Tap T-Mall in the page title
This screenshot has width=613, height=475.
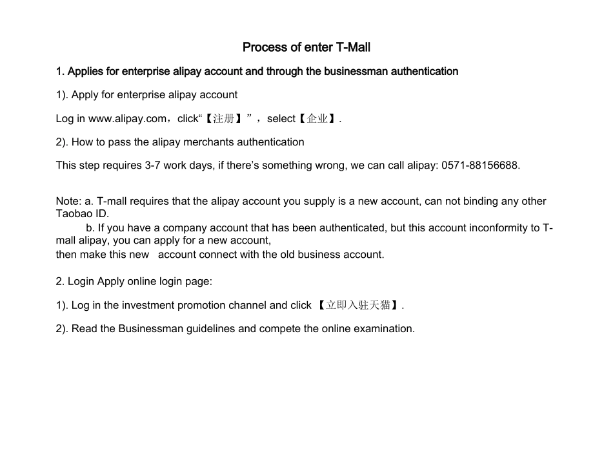(354, 47)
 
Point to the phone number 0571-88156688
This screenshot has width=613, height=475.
(480, 165)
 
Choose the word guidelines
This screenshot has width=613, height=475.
(210, 328)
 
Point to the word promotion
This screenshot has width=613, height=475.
(199, 305)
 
